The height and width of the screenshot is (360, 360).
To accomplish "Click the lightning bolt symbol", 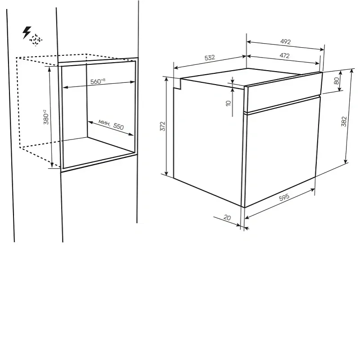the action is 27,32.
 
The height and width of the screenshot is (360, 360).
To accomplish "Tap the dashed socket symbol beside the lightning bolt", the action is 36,40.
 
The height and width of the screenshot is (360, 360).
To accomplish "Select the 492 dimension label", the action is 285,41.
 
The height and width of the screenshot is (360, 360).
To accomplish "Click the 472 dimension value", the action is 284,55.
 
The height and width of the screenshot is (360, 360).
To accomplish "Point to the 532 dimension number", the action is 210,58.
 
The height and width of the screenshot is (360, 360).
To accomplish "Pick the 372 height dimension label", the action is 162,126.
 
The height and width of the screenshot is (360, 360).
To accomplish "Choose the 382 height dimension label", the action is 344,121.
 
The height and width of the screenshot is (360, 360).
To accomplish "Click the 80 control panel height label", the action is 336,81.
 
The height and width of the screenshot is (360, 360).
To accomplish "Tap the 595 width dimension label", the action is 284,197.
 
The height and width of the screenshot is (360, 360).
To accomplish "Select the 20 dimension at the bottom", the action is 227,217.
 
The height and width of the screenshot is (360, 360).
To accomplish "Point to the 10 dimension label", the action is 228,103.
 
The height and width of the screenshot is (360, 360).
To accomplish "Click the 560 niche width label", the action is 98,81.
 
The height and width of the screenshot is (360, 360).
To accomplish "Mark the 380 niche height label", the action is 46,117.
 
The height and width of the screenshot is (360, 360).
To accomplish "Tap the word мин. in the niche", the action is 104,123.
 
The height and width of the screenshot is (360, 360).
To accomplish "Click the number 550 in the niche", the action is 118,126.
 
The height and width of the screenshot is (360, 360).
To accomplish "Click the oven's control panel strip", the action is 283,92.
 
